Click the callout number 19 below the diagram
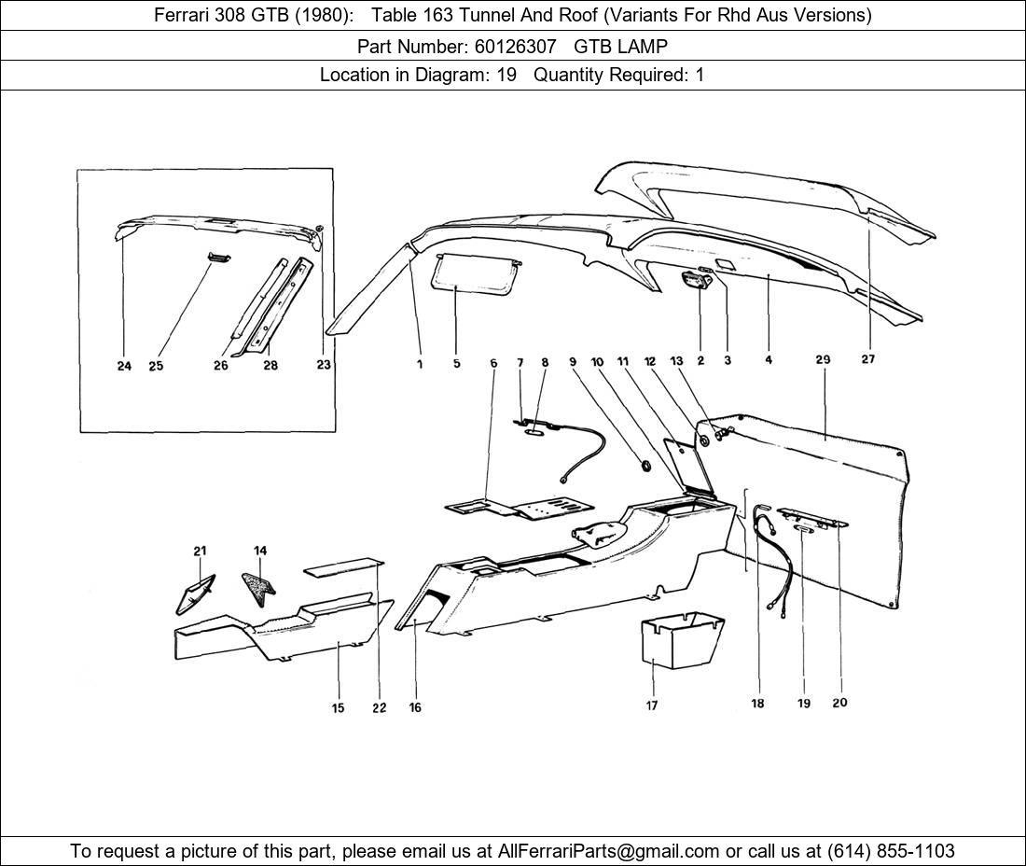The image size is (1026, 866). pos(803,703)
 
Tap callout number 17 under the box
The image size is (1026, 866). pos(652,705)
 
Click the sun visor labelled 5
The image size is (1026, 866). pos(475,275)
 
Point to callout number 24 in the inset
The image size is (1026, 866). pos(124,366)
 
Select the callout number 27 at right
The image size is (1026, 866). pos(867,359)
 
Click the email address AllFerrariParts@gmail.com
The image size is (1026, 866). pos(609,850)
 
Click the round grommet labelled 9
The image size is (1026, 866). pos(645,465)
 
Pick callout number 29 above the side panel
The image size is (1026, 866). pos(822,359)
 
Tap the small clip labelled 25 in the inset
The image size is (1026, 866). pos(217,258)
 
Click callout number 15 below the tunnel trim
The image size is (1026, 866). pos(338,708)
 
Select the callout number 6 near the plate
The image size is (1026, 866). pos(493,363)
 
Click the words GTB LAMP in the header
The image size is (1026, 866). pos(620,46)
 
